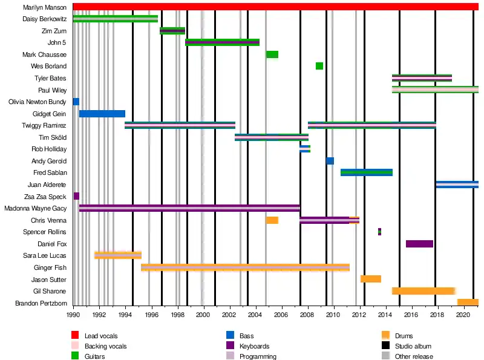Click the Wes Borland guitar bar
[319, 66]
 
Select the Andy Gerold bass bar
[330, 161]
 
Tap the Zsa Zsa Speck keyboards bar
[76, 196]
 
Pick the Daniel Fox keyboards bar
[419, 244]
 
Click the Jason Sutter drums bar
[371, 279]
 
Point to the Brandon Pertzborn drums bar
[468, 303]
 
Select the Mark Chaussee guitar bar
[272, 54]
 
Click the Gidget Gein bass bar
[102, 114]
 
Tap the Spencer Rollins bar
[379, 232]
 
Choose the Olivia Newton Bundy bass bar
[76, 102]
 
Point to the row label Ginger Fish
[50, 267]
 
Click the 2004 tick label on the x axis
[255, 315]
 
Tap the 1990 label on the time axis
[73, 315]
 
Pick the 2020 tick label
[463, 315]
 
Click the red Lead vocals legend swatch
[75, 335]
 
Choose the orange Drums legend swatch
[386, 335]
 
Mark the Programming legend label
[258, 357]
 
